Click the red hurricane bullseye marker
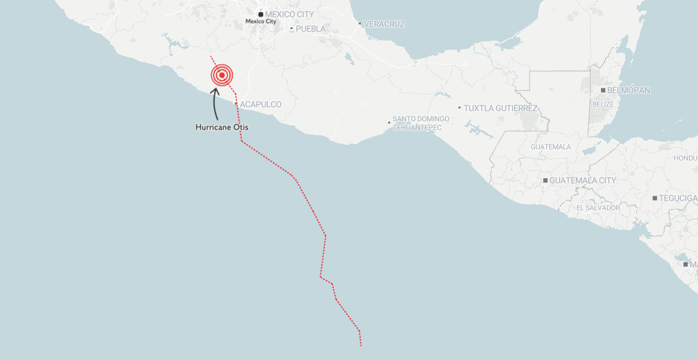tap(222, 75)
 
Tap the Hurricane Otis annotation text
tap(222, 128)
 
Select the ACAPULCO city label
tap(261, 105)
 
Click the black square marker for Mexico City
tap(261, 14)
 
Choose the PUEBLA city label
tap(310, 28)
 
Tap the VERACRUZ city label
tap(385, 24)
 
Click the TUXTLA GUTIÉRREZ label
tap(501, 108)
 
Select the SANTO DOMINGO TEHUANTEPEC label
tap(421, 123)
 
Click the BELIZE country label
tap(603, 104)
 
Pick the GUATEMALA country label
tap(551, 147)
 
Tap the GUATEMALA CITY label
tap(583, 181)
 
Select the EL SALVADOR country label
tap(598, 208)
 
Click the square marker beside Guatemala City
tap(546, 181)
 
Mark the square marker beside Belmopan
tap(603, 90)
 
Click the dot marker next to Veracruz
tap(360, 24)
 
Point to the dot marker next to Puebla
tap(292, 28)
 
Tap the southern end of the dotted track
tap(361, 345)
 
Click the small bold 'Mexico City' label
tap(261, 22)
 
